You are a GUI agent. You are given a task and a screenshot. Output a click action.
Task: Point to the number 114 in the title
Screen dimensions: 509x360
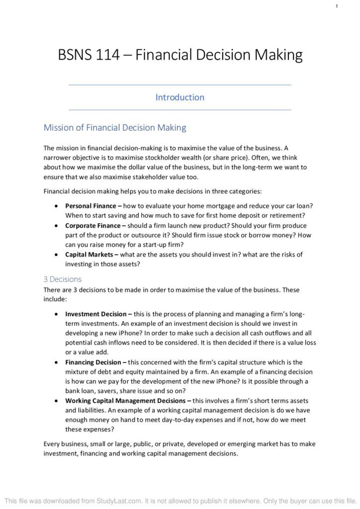click(108, 55)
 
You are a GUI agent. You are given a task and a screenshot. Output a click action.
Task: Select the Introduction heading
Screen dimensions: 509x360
click(180, 97)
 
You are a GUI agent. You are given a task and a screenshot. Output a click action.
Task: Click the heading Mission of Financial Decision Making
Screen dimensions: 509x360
click(115, 128)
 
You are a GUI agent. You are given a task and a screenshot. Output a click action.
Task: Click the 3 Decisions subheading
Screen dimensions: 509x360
click(63, 279)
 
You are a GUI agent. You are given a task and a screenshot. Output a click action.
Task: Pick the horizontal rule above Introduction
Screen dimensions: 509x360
click(180, 85)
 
